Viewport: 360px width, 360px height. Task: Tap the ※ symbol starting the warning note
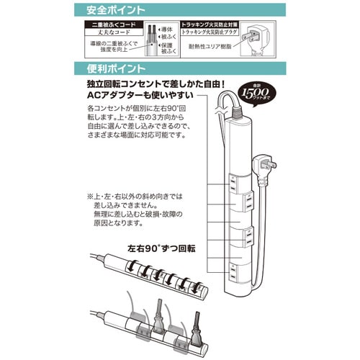(x=91, y=197)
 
